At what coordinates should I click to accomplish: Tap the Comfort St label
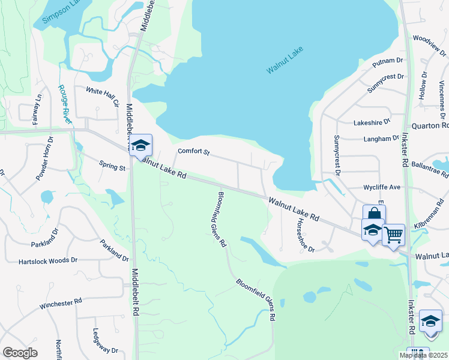click(193, 152)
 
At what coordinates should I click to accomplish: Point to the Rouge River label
click(65, 104)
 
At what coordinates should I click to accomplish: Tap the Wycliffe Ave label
click(381, 187)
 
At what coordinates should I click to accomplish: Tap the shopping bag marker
click(374, 214)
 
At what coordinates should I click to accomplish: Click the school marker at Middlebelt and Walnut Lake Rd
click(140, 145)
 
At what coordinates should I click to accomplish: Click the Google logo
click(20, 353)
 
